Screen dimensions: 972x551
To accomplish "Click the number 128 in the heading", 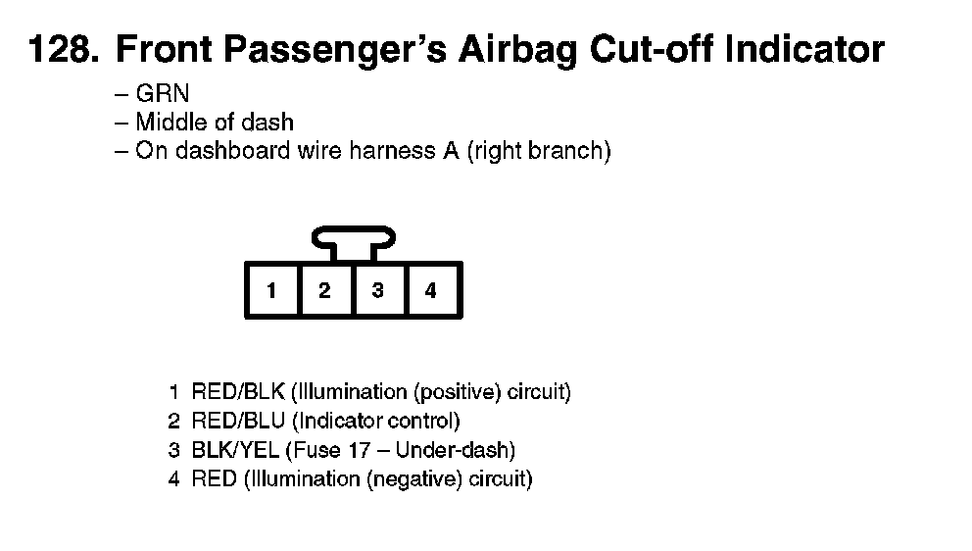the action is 64,49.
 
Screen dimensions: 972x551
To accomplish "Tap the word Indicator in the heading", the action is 804,49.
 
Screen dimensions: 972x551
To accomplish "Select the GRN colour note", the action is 163,94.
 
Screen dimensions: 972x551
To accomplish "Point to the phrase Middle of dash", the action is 215,123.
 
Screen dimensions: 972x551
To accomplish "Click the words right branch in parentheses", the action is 539,151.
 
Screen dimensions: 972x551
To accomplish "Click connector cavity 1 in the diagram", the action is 271,290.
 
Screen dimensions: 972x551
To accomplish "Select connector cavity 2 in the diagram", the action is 325,290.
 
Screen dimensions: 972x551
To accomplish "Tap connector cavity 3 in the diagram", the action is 378,290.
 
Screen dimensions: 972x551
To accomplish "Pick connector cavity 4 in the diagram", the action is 431,290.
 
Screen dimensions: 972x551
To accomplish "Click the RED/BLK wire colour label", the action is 238,392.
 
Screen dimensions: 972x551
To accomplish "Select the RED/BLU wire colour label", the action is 238,422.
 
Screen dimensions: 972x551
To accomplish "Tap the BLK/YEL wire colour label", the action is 235,450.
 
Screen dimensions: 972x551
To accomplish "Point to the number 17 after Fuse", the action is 359,450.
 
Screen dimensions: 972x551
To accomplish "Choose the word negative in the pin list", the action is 414,479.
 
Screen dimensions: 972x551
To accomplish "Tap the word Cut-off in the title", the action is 651,49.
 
